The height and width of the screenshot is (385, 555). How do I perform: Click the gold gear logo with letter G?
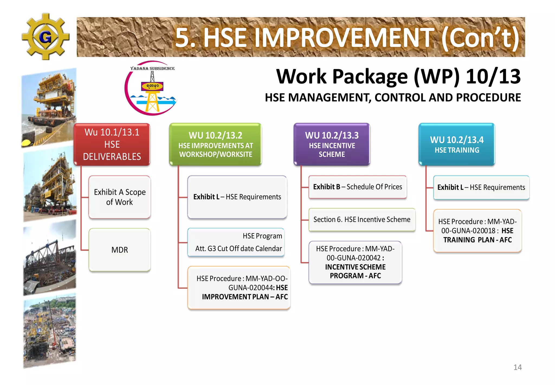[45, 37]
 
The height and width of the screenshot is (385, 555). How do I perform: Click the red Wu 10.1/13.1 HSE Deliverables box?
[112, 144]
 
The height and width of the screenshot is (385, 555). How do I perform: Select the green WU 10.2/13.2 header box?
[215, 144]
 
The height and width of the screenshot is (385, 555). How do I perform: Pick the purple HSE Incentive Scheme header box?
[332, 144]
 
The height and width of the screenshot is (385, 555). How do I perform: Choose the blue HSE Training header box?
[457, 144]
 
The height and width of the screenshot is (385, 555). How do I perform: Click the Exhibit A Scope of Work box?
[120, 197]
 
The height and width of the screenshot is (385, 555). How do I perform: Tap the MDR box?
[120, 250]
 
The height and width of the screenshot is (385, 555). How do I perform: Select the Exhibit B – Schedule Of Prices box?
[357, 187]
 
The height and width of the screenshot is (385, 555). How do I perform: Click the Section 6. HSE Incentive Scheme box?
[362, 219]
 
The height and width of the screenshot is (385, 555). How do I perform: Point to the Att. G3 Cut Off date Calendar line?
[238, 248]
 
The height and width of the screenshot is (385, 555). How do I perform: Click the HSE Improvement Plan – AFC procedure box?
[239, 288]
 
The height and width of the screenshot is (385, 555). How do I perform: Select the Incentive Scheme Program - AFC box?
[355, 263]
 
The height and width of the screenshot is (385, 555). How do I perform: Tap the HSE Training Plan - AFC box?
[477, 231]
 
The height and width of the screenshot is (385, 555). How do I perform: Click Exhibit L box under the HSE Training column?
[481, 187]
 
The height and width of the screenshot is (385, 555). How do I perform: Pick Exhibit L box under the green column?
[237, 197]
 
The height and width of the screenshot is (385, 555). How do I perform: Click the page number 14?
[517, 367]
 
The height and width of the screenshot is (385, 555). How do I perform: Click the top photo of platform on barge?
[49, 107]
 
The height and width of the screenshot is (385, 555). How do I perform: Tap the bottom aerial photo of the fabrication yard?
[50, 330]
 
